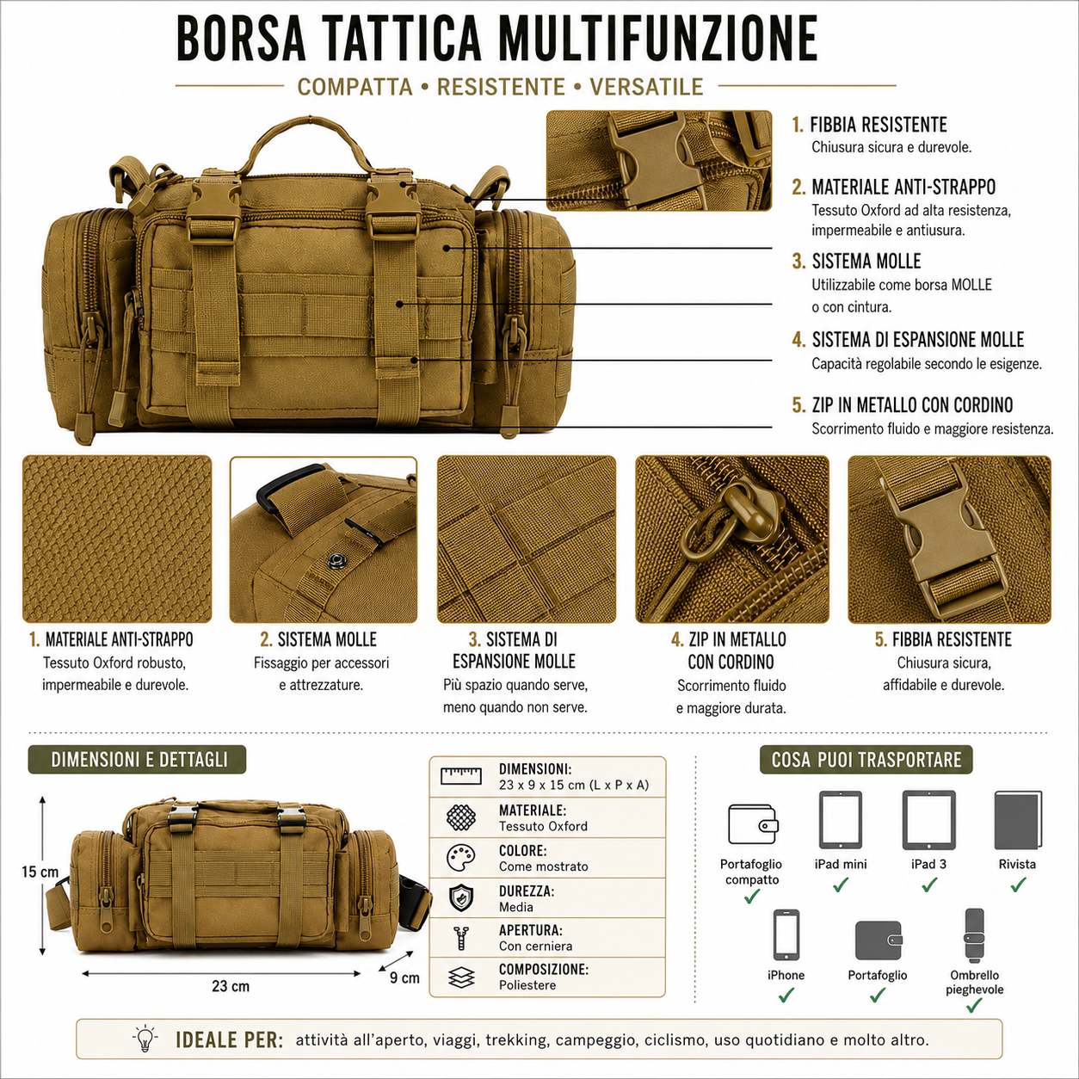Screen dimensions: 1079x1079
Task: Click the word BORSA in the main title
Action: point(241,38)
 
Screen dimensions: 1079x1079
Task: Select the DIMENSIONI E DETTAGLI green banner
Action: point(137,759)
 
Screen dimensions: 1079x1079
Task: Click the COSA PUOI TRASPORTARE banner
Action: point(866,759)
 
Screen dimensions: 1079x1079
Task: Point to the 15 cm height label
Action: point(40,872)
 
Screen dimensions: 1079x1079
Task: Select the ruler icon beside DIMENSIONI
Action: point(460,776)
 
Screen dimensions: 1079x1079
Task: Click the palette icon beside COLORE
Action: point(461,857)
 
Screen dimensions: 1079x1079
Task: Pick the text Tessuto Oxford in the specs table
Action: point(543,826)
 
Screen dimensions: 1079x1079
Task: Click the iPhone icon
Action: point(786,934)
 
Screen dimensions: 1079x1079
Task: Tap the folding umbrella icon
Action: point(974,935)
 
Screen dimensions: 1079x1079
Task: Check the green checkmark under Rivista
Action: point(1018,885)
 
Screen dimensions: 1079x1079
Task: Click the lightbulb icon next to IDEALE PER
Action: point(145,1039)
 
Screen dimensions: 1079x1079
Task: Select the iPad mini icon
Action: point(840,820)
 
